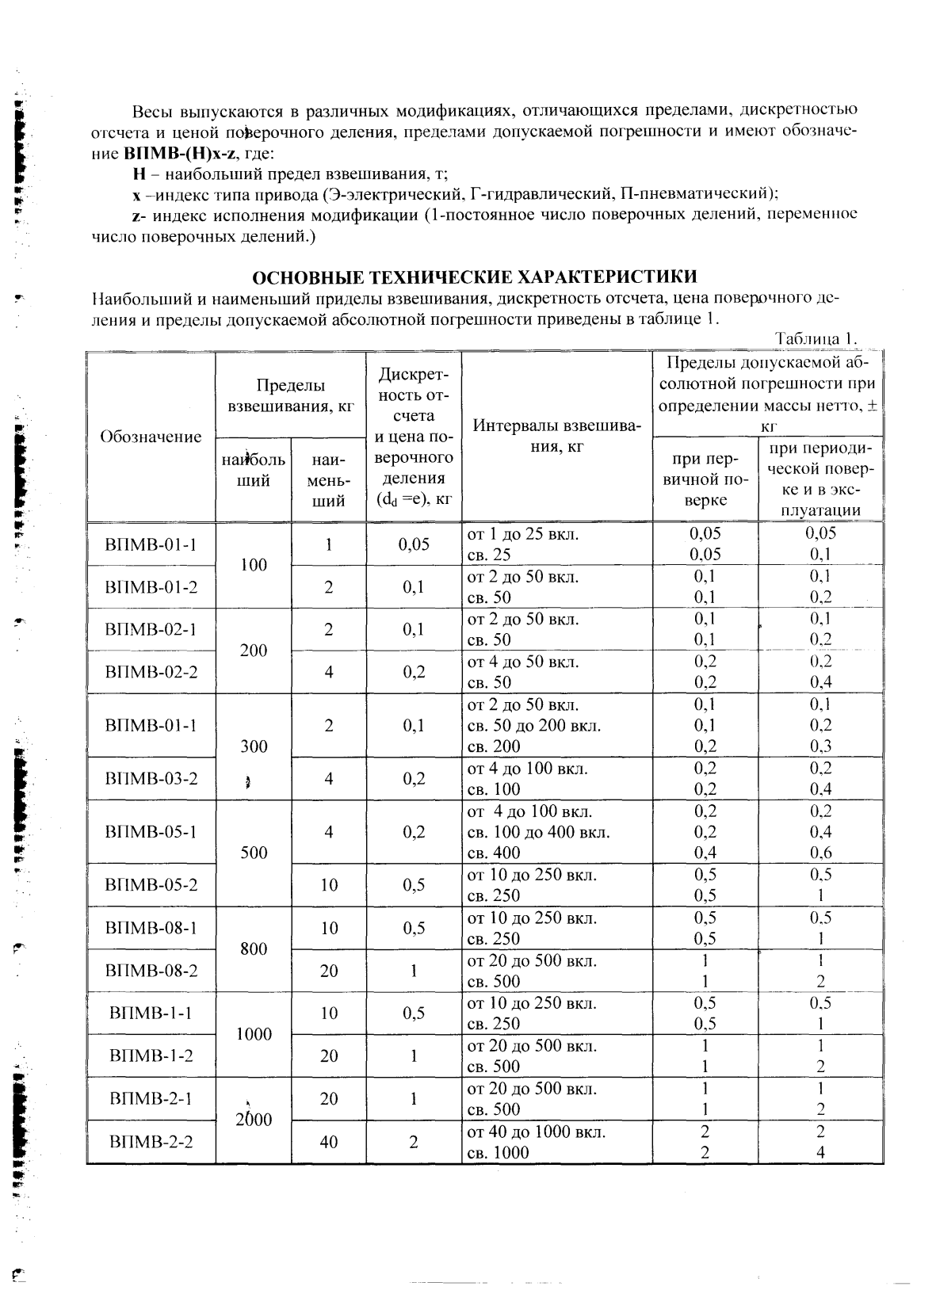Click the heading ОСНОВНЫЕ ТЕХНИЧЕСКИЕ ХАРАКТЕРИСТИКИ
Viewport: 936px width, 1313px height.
474,277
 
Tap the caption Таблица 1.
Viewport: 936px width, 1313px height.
816,338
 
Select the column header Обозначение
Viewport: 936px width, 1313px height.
151,437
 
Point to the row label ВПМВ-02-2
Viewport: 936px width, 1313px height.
151,672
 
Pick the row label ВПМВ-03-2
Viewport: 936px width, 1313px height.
151,778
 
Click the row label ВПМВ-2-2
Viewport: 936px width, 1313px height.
151,1142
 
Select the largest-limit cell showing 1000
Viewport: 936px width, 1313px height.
254,1034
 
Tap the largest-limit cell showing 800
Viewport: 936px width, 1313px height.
254,948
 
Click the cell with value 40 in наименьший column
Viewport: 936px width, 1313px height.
328,1142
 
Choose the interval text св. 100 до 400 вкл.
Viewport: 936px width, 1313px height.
538,832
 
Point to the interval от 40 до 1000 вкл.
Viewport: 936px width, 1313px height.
536,1132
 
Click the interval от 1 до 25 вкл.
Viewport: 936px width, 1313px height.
523,534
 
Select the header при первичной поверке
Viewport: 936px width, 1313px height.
705,479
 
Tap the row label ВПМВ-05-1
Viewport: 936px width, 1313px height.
151,832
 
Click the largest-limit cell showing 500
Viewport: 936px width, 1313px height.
254,853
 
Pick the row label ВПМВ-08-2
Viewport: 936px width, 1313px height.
151,970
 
